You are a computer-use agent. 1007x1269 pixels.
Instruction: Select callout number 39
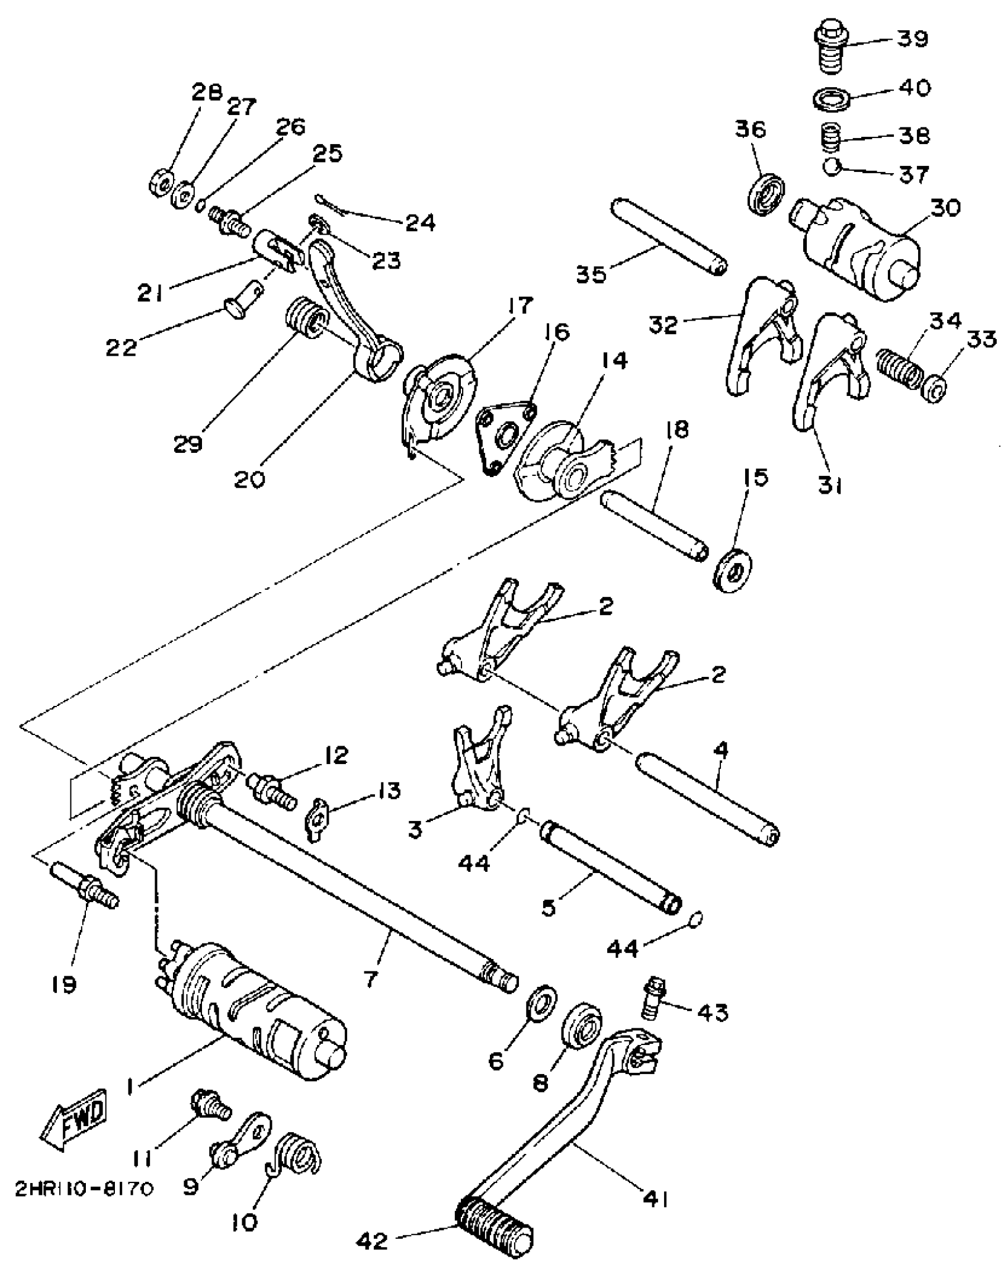(x=912, y=39)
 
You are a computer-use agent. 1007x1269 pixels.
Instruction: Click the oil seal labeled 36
(x=767, y=192)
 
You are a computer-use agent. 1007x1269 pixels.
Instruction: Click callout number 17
(x=519, y=306)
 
